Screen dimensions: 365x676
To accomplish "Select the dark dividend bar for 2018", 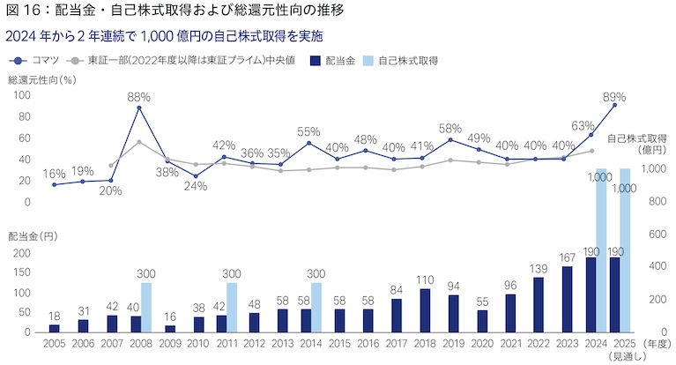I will (425, 310).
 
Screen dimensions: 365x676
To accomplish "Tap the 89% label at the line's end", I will (615, 97).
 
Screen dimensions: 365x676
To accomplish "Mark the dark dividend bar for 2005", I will (54, 328).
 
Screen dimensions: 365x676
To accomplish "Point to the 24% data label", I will (196, 186).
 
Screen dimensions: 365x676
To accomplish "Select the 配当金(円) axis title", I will (33, 236).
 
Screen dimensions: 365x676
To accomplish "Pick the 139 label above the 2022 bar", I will (539, 269).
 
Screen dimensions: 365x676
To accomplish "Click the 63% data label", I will (583, 126).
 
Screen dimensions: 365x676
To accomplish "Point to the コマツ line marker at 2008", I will (139, 108).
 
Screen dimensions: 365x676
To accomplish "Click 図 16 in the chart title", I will (23, 12).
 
